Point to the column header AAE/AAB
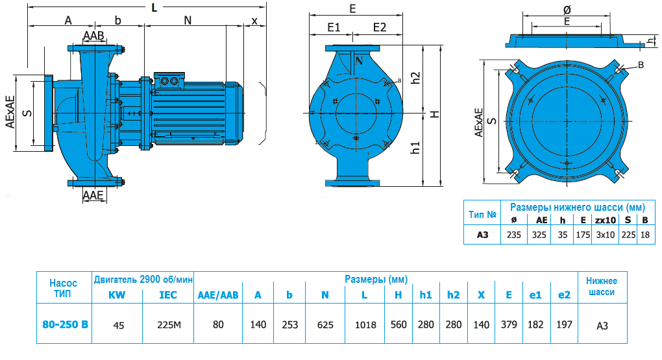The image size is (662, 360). point(218,295)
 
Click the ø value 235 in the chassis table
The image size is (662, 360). point(514,235)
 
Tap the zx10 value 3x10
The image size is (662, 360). point(605,235)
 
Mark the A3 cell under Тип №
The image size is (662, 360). point(482,235)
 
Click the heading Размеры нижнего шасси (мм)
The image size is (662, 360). point(577,208)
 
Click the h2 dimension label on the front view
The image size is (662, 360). point(416,78)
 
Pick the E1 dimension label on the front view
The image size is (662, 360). point(334,27)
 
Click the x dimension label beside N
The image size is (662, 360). point(254,20)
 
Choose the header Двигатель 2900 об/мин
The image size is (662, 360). point(143,280)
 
